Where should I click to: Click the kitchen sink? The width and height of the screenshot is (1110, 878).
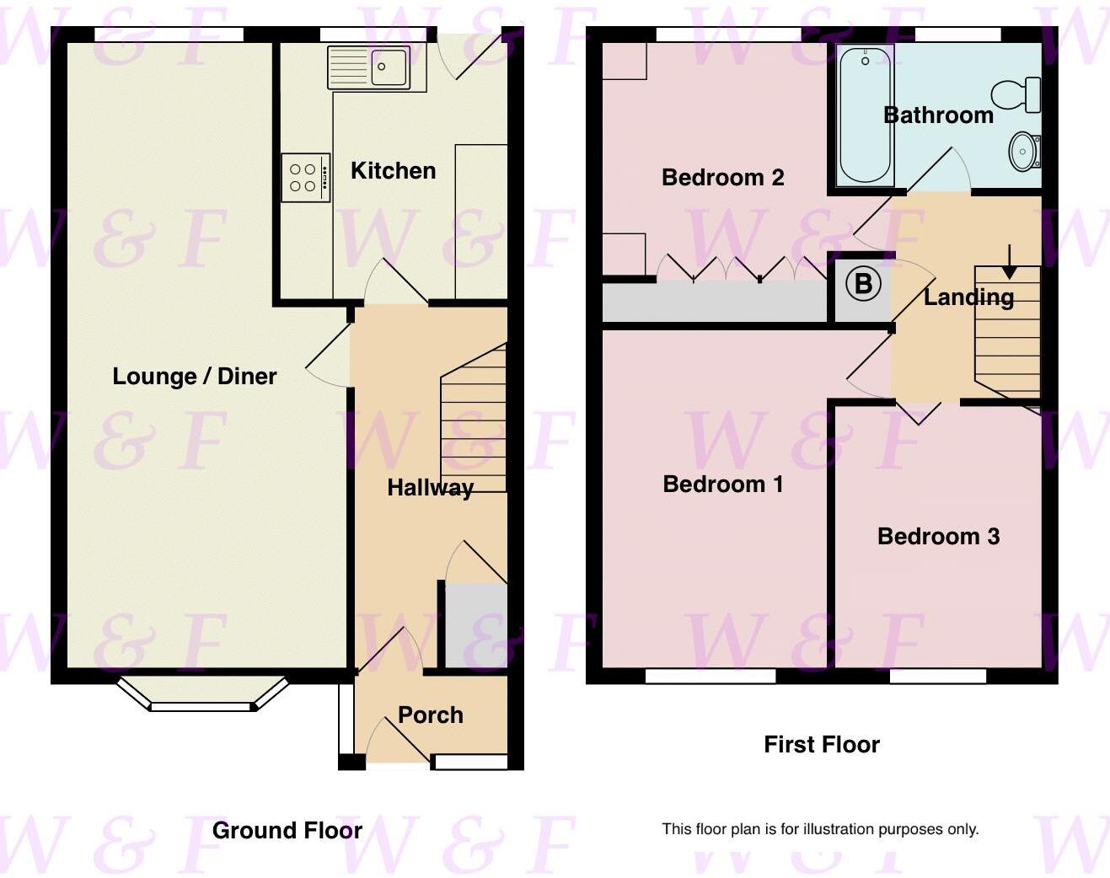pyautogui.click(x=369, y=67)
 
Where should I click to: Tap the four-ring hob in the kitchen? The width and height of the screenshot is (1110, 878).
pyautogui.click(x=304, y=178)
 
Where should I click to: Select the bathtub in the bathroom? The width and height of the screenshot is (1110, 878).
pyautogui.click(x=865, y=115)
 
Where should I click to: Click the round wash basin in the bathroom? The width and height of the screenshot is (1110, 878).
pyautogui.click(x=1023, y=152)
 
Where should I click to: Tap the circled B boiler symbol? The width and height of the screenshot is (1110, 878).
pyautogui.click(x=863, y=284)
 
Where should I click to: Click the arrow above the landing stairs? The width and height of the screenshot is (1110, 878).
pyautogui.click(x=1009, y=262)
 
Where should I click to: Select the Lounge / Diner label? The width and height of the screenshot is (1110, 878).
pyautogui.click(x=194, y=376)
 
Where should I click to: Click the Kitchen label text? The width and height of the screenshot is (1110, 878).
pyautogui.click(x=393, y=170)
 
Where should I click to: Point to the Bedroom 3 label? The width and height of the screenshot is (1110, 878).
pyautogui.click(x=938, y=536)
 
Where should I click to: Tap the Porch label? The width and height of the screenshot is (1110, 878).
pyautogui.click(x=430, y=715)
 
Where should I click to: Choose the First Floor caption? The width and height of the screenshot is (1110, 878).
pyautogui.click(x=821, y=744)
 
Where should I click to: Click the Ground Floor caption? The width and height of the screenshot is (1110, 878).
pyautogui.click(x=287, y=830)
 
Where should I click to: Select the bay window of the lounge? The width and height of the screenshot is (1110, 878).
pyautogui.click(x=202, y=693)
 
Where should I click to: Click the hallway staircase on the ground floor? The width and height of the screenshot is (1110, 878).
pyautogui.click(x=474, y=421)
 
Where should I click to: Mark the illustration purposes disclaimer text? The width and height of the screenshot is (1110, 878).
pyautogui.click(x=819, y=829)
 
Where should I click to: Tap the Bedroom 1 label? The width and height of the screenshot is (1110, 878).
pyautogui.click(x=722, y=484)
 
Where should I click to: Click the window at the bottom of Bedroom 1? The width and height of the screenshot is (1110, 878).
pyautogui.click(x=710, y=675)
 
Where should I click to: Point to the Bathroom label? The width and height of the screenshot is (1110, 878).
pyautogui.click(x=937, y=115)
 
